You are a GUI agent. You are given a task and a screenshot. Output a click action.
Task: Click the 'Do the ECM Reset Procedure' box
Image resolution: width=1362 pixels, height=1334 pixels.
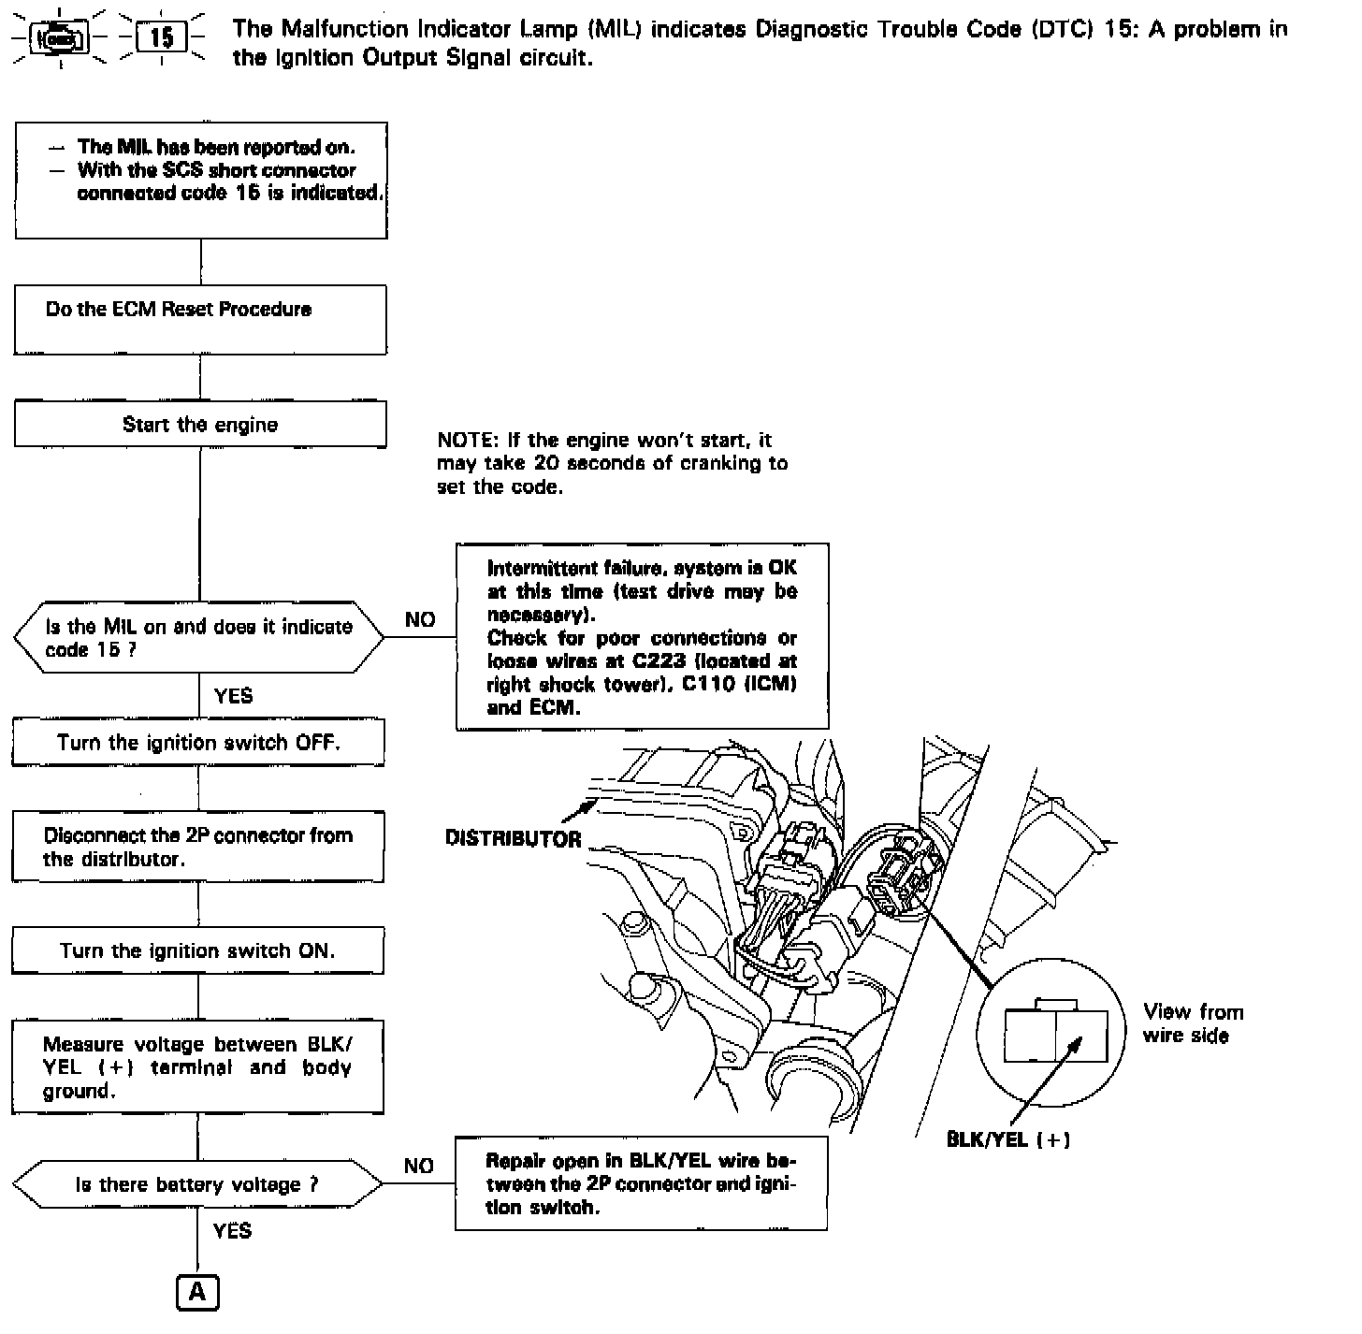coord(200,319)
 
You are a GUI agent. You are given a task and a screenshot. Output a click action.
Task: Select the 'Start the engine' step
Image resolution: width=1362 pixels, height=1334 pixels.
coord(200,425)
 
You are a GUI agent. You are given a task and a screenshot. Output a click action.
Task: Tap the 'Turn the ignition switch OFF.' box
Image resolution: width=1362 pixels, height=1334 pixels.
coord(198,743)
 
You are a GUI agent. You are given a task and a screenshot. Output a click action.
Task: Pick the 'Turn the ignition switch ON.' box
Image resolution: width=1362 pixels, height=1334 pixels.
coord(198,950)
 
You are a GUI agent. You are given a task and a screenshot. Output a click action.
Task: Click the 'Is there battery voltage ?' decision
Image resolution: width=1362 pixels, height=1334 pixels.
coord(197,1184)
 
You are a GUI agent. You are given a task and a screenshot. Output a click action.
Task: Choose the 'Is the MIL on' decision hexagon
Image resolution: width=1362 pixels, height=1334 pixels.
coord(198,637)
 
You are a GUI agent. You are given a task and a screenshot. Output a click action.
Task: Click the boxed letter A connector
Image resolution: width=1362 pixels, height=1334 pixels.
coord(197,1292)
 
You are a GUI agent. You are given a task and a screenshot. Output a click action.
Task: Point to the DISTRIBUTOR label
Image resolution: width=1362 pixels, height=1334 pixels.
coord(514,838)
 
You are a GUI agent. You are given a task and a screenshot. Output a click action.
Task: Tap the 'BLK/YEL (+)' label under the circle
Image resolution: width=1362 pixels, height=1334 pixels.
coord(1008,1138)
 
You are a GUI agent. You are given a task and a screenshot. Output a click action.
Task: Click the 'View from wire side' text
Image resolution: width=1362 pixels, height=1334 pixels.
coord(1192,1023)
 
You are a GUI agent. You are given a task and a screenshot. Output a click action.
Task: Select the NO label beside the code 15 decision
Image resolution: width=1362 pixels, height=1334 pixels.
coord(420,619)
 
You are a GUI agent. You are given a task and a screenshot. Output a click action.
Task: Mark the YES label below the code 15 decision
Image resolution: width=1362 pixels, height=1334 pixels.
coord(233,695)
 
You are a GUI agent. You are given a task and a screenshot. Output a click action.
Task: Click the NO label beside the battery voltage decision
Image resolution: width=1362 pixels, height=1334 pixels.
coord(419,1166)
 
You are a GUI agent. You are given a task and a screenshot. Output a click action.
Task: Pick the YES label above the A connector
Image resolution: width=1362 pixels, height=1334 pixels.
coord(232,1230)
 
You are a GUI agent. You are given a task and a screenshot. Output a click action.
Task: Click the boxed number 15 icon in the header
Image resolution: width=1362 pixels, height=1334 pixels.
coord(161,38)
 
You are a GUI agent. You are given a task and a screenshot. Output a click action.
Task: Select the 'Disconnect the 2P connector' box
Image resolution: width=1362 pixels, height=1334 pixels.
coord(198,847)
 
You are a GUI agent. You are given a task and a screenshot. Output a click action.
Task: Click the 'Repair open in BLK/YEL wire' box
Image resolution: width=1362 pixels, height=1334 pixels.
coord(642,1183)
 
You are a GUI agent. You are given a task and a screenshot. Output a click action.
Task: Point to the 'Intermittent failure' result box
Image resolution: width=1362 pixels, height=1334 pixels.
coord(643,636)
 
